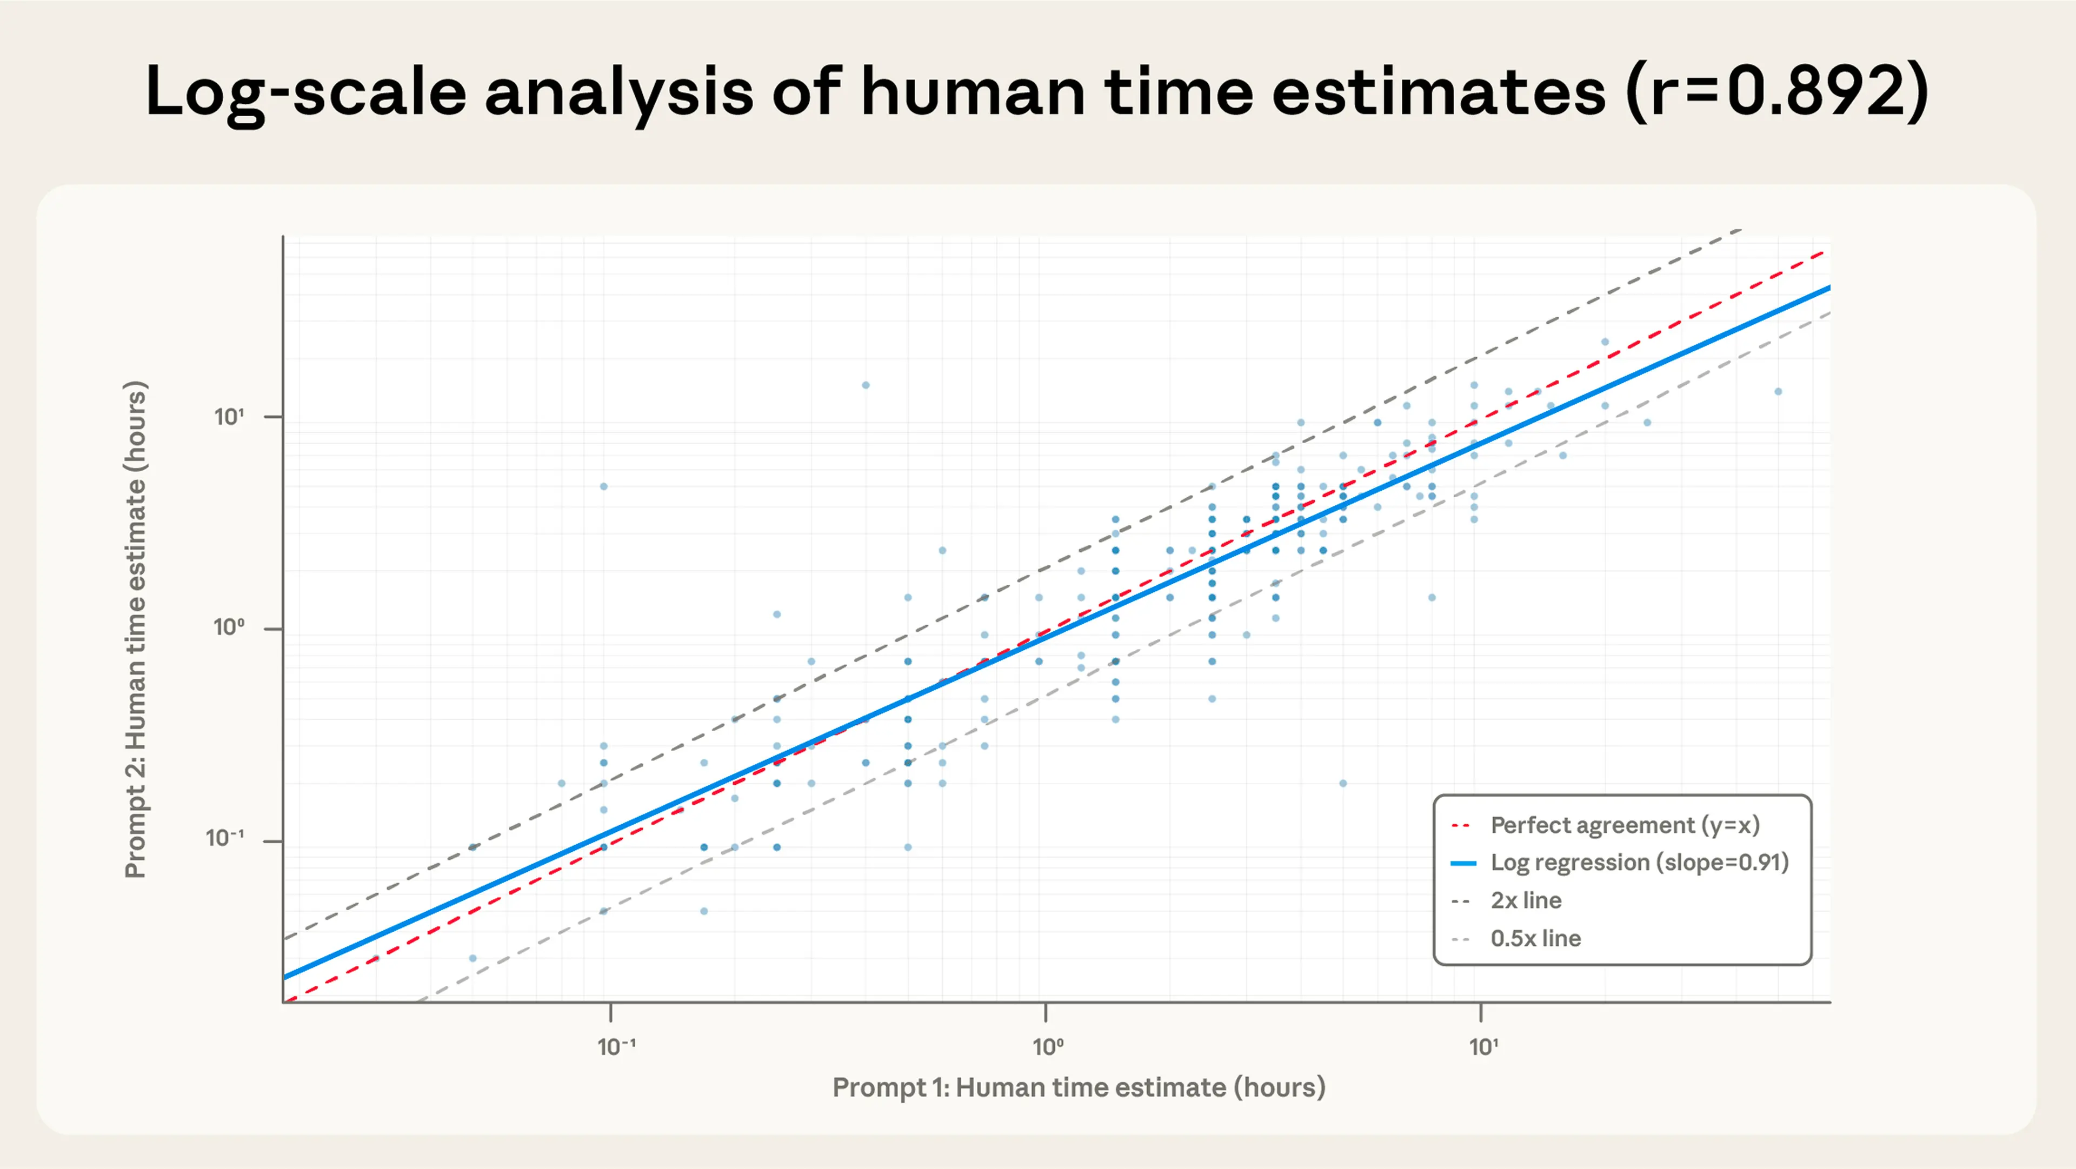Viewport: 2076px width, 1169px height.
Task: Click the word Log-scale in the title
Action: coord(305,91)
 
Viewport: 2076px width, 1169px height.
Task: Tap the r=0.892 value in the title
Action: coord(1777,91)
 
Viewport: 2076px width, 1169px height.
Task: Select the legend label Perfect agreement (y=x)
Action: coord(1625,825)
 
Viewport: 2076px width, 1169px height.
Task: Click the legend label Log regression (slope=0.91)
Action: coord(1639,863)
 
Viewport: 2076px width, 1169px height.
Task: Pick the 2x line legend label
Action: coord(1526,901)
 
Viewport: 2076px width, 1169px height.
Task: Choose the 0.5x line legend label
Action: coord(1535,939)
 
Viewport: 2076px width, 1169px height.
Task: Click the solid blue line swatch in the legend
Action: coord(1463,864)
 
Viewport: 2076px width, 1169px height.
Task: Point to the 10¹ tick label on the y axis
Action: coord(229,417)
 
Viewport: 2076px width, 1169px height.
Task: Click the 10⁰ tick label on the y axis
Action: coord(229,627)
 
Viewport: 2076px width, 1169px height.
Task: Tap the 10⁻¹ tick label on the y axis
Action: coord(225,839)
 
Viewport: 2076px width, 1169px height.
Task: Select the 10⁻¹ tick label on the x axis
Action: coord(616,1046)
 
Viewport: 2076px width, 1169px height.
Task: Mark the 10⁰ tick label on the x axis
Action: coord(1048,1046)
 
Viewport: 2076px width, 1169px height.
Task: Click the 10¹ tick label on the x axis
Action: coord(1483,1046)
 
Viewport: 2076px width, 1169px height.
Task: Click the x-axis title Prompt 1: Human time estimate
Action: coord(1079,1087)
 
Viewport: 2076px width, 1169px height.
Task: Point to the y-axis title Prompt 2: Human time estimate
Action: coord(135,629)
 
